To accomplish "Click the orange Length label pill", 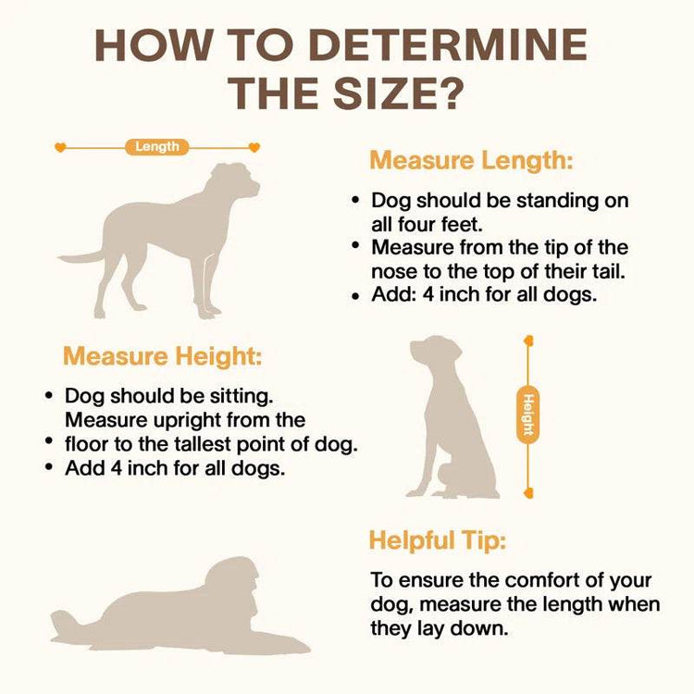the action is (157, 147).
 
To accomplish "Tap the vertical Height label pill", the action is (528, 415).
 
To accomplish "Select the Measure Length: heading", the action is (471, 160).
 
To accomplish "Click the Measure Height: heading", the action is (163, 356).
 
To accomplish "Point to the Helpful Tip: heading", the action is (438, 540).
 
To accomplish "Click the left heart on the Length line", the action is (60, 147).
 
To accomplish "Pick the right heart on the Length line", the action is (254, 147).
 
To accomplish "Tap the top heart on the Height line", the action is (528, 341).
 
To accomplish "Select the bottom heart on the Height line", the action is (528, 492).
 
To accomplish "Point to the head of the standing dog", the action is (235, 180).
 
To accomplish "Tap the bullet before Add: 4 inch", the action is (355, 296).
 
